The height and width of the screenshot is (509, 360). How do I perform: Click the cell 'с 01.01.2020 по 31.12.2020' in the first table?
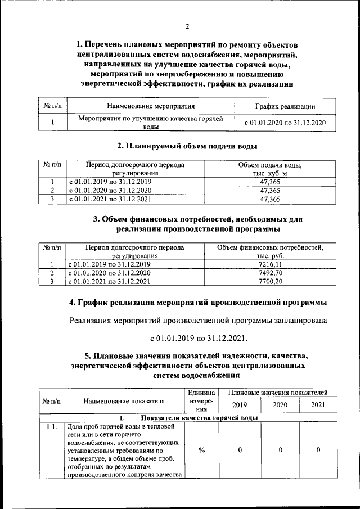(285, 123)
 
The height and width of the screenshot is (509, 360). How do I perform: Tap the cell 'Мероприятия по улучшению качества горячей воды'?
(150, 123)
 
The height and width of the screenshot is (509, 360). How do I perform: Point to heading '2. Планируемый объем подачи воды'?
(187, 147)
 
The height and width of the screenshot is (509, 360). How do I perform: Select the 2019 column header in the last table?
(240, 404)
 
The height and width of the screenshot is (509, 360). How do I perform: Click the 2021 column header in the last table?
(318, 404)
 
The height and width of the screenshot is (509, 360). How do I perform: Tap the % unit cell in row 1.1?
(201, 450)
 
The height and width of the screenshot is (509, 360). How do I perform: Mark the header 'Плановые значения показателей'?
(278, 391)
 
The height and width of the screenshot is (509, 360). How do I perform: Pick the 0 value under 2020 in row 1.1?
(280, 450)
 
